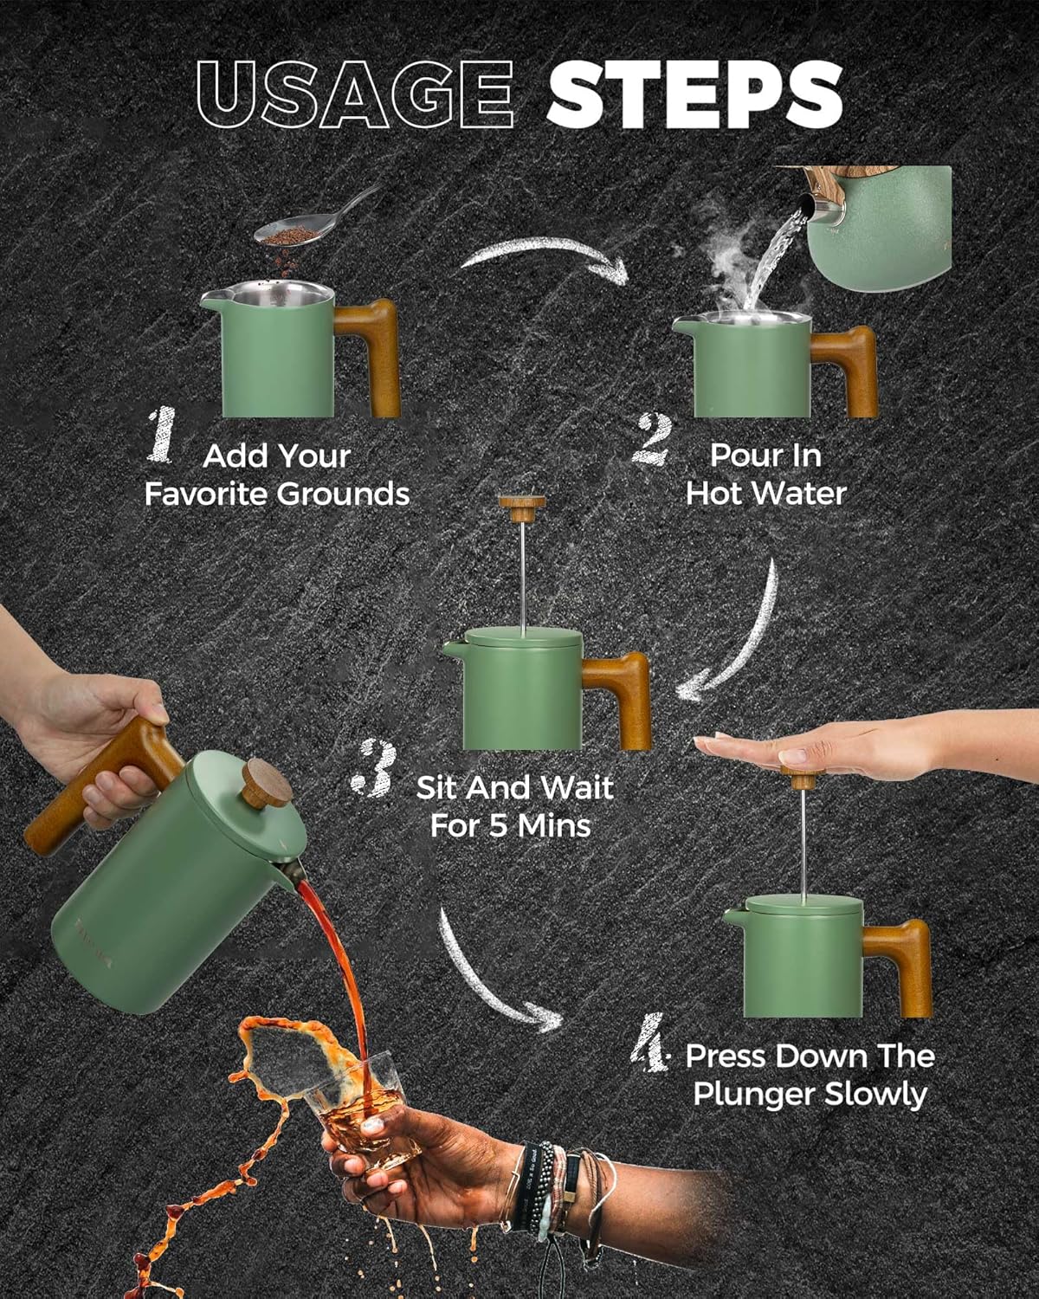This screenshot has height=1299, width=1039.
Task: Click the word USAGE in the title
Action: point(356,94)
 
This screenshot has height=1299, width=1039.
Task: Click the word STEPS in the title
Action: point(694,94)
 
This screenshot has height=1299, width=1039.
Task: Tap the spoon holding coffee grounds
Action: point(314,218)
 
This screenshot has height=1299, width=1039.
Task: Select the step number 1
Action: point(161,435)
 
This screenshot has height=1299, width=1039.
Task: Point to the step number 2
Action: point(652,439)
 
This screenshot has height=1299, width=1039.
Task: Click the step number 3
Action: point(374,767)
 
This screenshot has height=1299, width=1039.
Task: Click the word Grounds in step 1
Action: point(344,495)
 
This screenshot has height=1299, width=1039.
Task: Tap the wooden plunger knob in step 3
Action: point(522,508)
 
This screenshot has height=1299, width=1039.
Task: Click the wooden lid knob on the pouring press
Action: point(266,784)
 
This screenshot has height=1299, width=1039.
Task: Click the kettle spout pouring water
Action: point(821,208)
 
